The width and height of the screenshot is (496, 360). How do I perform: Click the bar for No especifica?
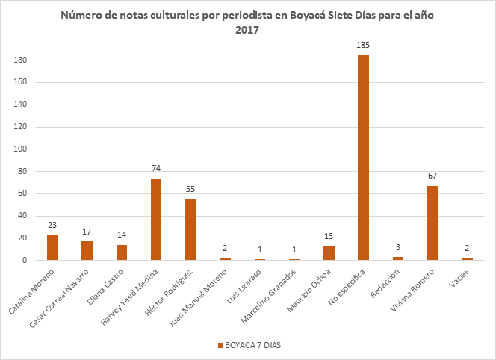[x=363, y=158]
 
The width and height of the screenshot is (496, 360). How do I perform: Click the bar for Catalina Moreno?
[x=52, y=247]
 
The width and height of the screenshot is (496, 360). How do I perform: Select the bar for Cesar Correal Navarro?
[x=87, y=250]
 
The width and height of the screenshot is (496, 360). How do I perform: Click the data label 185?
[x=363, y=46]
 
